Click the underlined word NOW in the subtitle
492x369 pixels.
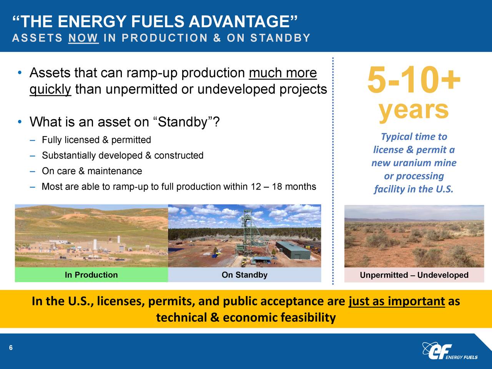pyautogui.click(x=83, y=38)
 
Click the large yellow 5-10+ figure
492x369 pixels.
pyautogui.click(x=414, y=80)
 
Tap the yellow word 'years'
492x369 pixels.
pyautogui.click(x=414, y=110)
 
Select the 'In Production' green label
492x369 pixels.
pyautogui.click(x=91, y=275)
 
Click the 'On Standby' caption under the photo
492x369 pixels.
pyautogui.click(x=244, y=275)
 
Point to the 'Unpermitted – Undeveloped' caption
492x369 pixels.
pyautogui.click(x=414, y=275)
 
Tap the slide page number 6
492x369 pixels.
pyautogui.click(x=11, y=348)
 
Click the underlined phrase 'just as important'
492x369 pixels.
pyautogui.click(x=396, y=301)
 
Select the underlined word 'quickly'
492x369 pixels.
pyautogui.click(x=50, y=90)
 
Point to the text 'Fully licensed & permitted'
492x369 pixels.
pyautogui.click(x=96, y=140)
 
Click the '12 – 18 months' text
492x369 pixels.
pyautogui.click(x=283, y=187)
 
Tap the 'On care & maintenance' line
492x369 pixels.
pyautogui.click(x=92, y=171)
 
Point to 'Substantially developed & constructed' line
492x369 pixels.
pyautogui.click(x=123, y=156)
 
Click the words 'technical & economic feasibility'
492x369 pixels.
pyautogui.click(x=246, y=318)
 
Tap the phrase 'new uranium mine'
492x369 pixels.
pyautogui.click(x=414, y=163)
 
